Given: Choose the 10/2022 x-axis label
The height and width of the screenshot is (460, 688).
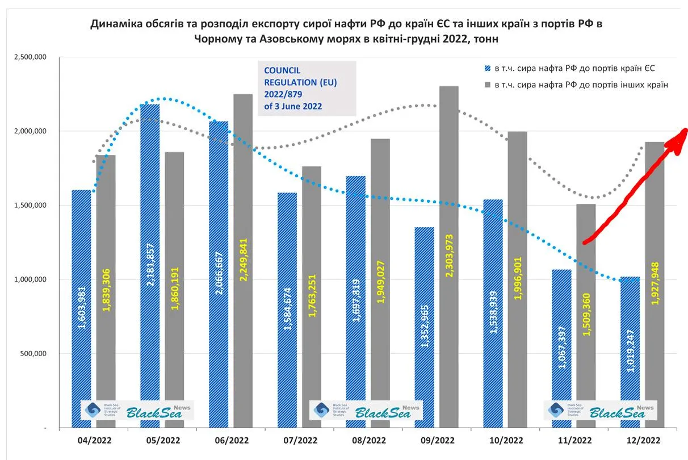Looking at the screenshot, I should pyautogui.click(x=505, y=440).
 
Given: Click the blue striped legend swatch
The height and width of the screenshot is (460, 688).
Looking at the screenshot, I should pyautogui.click(x=487, y=69).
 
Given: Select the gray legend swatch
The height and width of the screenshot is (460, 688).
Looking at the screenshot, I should pyautogui.click(x=487, y=85).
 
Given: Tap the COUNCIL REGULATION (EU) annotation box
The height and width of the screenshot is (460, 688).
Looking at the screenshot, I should pyautogui.click(x=307, y=88).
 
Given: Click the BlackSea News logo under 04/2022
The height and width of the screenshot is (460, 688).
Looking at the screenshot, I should pyautogui.click(x=137, y=411).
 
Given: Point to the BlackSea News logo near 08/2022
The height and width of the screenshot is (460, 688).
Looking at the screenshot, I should pyautogui.click(x=366, y=411).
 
